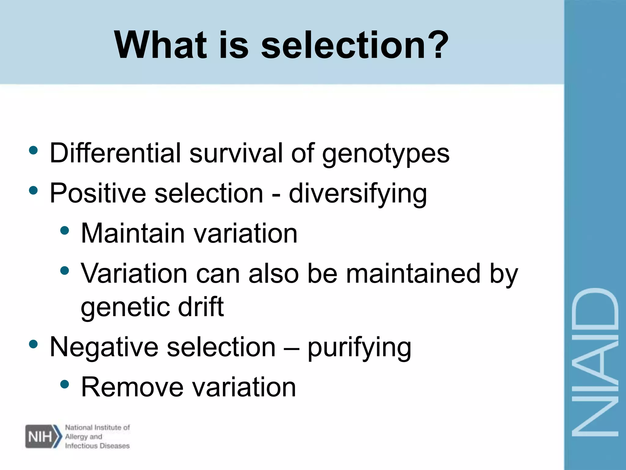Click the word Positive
98,193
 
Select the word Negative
104,347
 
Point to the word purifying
359,348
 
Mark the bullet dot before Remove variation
64,384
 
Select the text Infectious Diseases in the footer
97,446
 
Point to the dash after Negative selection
291,348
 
